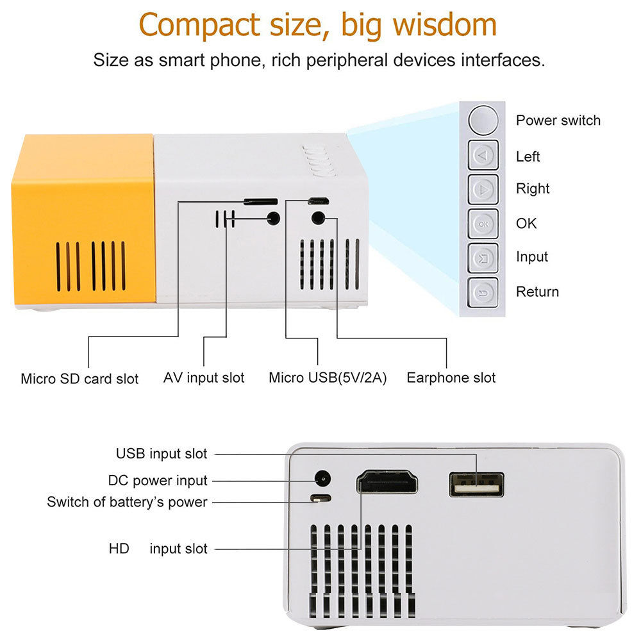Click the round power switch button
coord(483,121)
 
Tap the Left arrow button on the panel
coord(483,155)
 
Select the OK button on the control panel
coord(483,224)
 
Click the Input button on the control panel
coord(483,258)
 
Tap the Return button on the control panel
coord(483,292)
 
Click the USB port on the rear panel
coord(476,485)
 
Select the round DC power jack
coord(322,478)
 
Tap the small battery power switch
coord(320,498)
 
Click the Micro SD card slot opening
coord(261,201)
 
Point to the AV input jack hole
coord(273,218)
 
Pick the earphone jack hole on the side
coord(318,218)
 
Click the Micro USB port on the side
coord(319,201)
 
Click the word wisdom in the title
coord(444,24)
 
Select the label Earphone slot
coord(451,378)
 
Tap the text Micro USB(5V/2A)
coord(328,378)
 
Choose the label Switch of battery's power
coord(127,502)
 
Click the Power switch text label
coord(558,121)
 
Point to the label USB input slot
coord(162,453)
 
